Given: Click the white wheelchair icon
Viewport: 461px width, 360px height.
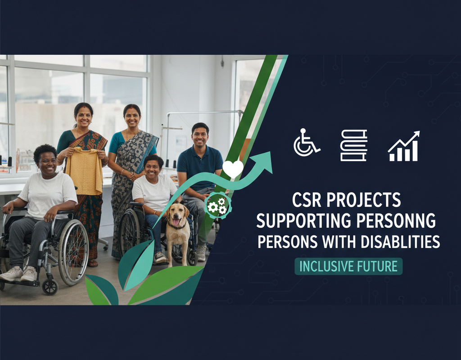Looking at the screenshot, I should click(x=306, y=143).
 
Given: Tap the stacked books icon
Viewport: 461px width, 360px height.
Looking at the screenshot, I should click(x=354, y=145).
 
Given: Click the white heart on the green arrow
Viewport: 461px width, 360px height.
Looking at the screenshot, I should click(x=233, y=168).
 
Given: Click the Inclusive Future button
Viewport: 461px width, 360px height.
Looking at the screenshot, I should click(x=348, y=266).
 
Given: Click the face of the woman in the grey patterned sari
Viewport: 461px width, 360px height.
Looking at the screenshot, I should click(x=132, y=118).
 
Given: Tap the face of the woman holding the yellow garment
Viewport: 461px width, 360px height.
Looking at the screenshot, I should click(x=84, y=117).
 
